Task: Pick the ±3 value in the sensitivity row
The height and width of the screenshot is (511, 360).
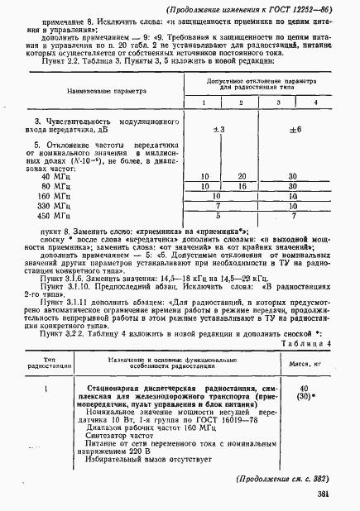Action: [219, 130]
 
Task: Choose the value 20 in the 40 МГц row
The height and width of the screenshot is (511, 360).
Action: [242, 177]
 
